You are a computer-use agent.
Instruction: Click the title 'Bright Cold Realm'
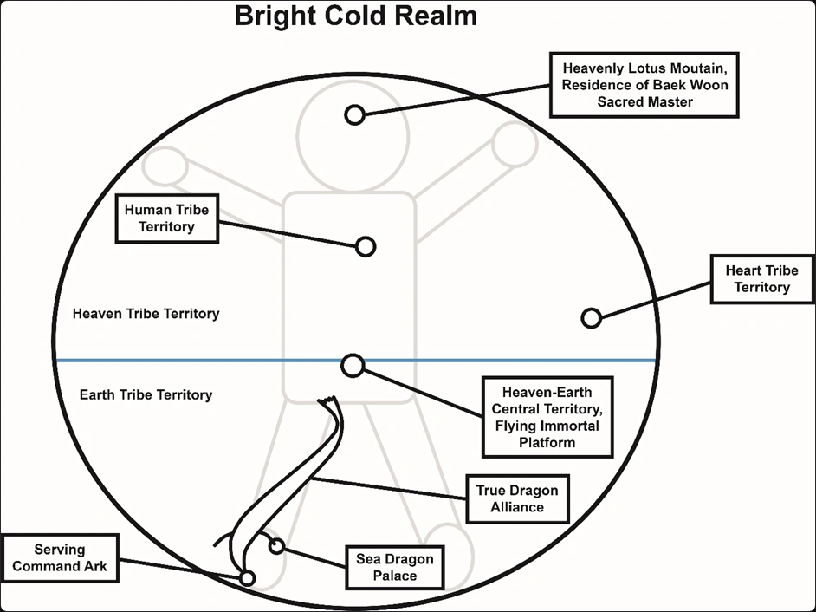click(356, 16)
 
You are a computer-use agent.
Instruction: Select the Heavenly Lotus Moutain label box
click(644, 84)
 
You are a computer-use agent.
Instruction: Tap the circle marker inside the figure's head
click(353, 114)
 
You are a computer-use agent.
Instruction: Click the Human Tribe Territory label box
click(166, 218)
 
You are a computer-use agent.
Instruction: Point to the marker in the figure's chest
click(366, 247)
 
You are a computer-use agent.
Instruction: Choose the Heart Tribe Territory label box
click(761, 279)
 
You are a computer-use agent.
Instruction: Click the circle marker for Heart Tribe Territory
click(591, 318)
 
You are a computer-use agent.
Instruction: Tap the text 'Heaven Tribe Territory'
click(146, 314)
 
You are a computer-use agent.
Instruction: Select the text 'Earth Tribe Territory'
click(146, 394)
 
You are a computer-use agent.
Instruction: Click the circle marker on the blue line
click(353, 366)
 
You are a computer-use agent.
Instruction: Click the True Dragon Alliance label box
click(517, 498)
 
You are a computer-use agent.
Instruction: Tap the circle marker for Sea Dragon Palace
click(276, 546)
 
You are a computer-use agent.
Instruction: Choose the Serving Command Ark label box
click(60, 558)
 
